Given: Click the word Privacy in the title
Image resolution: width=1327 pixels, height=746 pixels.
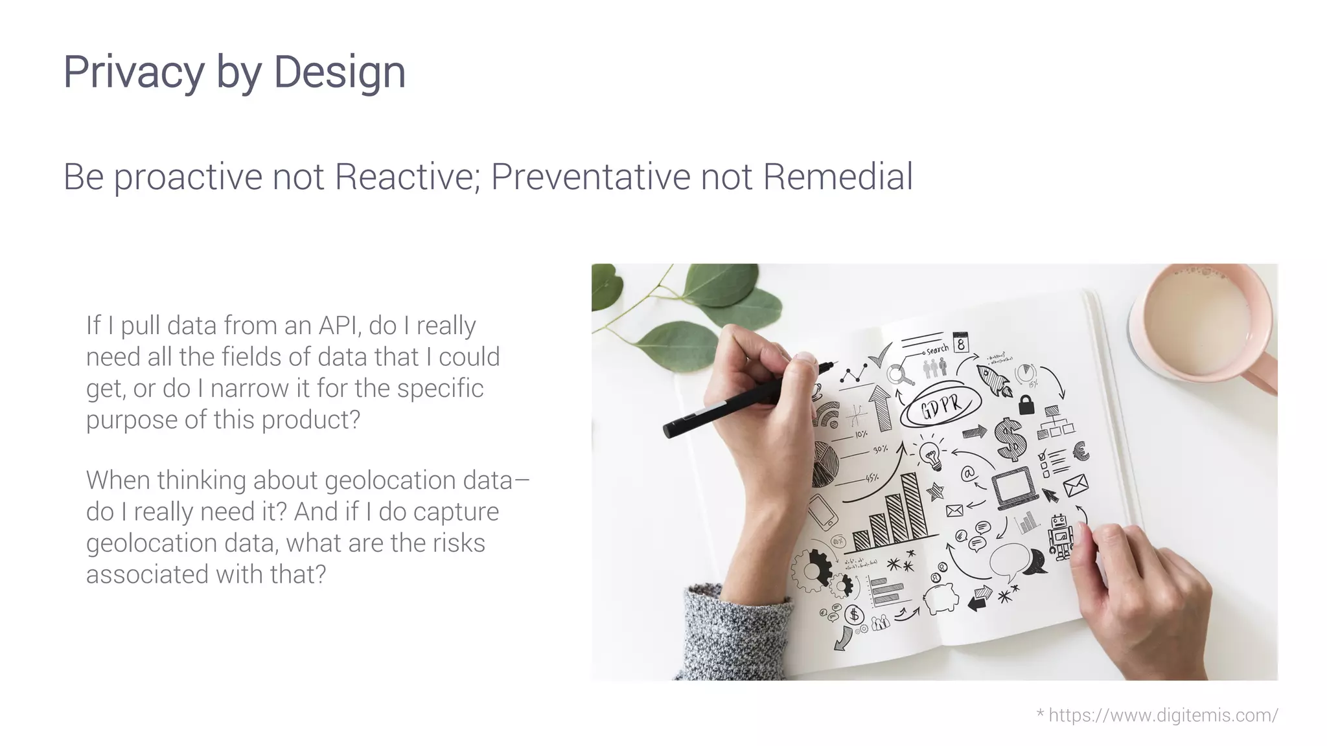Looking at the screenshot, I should click(133, 73).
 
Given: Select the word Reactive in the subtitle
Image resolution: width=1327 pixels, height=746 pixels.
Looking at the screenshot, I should click(406, 176).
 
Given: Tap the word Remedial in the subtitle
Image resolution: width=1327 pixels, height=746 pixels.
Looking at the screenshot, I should click(838, 176).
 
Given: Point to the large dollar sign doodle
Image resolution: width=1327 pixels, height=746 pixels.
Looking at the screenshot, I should click(1010, 438).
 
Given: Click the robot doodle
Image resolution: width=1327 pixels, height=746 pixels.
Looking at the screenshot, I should click(1060, 536).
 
